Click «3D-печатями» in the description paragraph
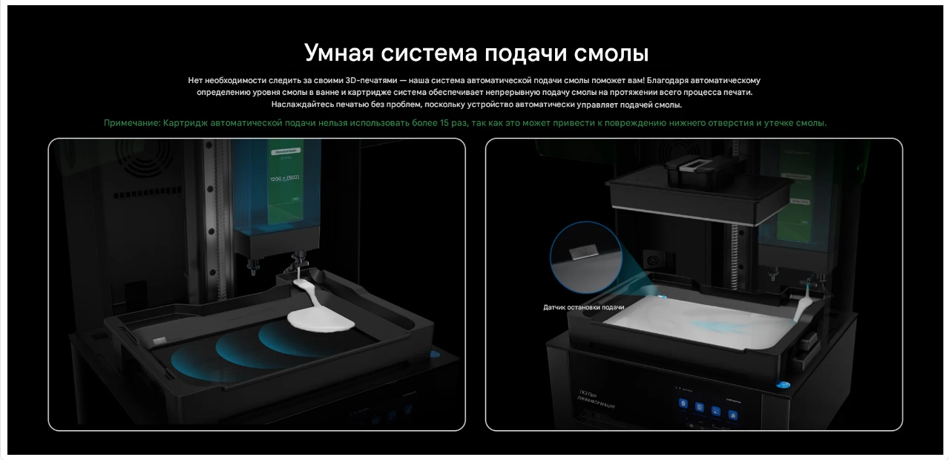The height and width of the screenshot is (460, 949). click(372, 80)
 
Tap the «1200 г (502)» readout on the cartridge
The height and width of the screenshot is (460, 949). click(284, 179)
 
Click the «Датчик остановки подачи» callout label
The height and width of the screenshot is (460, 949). click(583, 307)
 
